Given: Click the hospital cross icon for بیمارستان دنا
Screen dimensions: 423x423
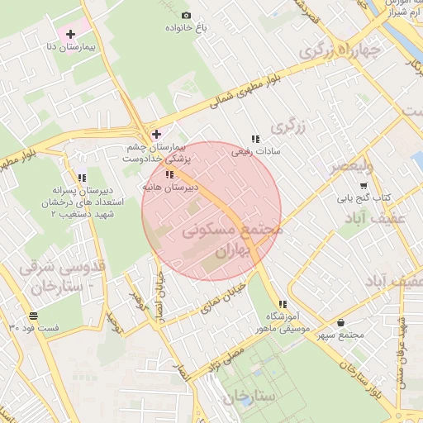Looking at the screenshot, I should coord(70,34).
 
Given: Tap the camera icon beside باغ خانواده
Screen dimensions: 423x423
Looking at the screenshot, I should coord(186,16).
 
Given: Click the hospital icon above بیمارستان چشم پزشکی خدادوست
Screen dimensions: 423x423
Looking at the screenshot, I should coord(155,133).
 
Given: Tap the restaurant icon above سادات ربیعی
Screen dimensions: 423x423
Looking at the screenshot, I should coord(255,140).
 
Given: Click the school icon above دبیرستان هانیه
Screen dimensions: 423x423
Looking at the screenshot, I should coord(169,175).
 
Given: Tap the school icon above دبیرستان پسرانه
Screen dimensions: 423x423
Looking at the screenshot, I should coord(81,178).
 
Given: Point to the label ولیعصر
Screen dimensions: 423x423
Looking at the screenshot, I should coord(352,167).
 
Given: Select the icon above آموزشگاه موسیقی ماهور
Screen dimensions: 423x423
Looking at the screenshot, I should coord(283,304).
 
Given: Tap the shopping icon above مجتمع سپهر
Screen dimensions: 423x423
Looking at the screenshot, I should coord(341,322).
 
